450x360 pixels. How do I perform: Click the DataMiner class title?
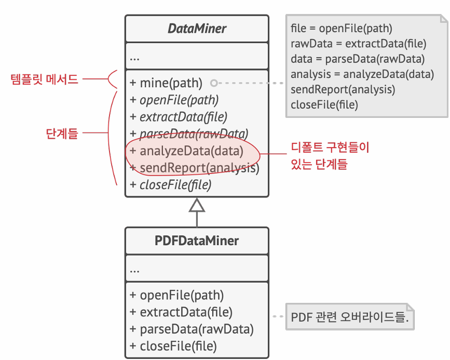(x=197, y=29)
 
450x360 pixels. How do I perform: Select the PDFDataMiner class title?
(x=197, y=241)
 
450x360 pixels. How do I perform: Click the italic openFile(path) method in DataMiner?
(x=174, y=100)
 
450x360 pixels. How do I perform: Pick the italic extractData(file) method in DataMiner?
(x=179, y=117)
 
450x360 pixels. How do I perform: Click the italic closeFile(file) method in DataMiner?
(x=171, y=184)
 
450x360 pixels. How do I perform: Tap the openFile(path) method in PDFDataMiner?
(x=177, y=296)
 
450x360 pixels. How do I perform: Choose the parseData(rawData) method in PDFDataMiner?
(x=192, y=329)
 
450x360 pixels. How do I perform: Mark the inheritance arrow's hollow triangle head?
(x=197, y=206)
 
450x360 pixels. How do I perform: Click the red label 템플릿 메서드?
(x=45, y=79)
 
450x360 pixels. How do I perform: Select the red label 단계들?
(x=62, y=134)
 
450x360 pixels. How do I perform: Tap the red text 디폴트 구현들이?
(x=330, y=148)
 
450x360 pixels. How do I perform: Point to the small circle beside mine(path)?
(x=213, y=83)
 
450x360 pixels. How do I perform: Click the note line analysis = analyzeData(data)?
(x=362, y=74)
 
